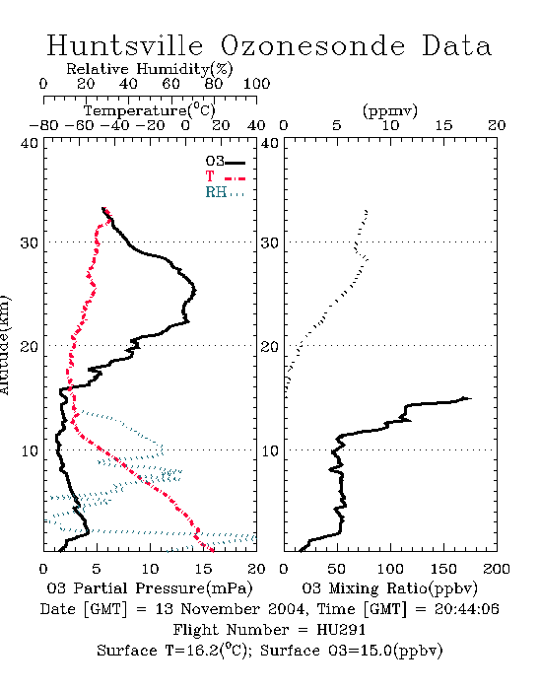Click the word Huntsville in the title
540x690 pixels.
pos(125,45)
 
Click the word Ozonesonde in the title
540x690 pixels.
pos(312,45)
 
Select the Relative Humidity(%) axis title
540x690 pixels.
pos(150,69)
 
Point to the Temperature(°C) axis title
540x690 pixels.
pos(150,110)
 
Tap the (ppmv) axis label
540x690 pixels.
pos(390,110)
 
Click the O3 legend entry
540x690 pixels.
pos(225,162)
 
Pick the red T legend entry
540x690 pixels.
pos(225,176)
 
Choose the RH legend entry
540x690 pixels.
pos(225,192)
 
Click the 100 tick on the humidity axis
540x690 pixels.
pos(256,84)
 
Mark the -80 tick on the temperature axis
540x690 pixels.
pos(43,126)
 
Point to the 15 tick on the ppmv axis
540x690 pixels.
pos(443,126)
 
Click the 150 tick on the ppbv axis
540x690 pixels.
pos(443,569)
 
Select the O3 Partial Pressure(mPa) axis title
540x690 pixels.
pos(150,588)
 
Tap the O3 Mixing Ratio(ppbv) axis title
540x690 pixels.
pos(389,588)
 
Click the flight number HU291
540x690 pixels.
pos(341,630)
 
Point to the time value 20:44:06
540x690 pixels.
pos(467,609)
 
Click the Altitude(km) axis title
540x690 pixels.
pos(4,345)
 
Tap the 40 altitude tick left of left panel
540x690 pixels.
pos(29,143)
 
